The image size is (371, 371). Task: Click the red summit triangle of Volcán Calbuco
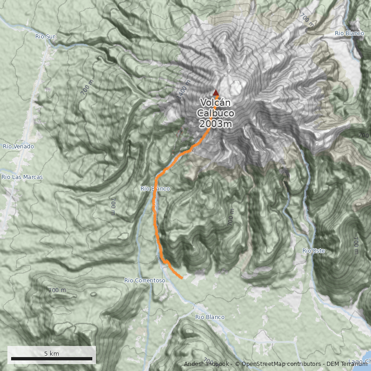[215, 92]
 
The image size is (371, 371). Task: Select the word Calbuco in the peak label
[215, 113]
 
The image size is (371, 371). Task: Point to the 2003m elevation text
[215, 124]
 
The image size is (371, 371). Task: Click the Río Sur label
[45, 36]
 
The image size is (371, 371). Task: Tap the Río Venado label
[18, 147]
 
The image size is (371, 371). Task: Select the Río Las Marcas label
[22, 177]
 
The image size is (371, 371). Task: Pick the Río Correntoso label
[145, 281]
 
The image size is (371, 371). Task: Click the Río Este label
[313, 251]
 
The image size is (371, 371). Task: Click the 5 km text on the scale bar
[51, 353]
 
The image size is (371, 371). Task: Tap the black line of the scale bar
[51, 359]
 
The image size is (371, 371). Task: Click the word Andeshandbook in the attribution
[206, 364]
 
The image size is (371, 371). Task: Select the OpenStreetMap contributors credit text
[278, 364]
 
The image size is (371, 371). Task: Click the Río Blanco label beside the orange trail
[155, 189]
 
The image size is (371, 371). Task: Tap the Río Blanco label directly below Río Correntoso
[210, 317]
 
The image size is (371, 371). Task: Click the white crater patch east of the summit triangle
[236, 86]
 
